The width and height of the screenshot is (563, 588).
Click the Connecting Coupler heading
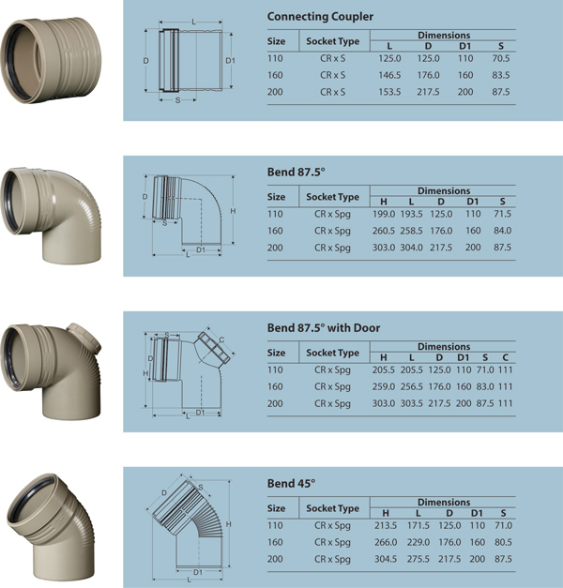(320, 17)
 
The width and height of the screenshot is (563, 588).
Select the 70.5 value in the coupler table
(501, 58)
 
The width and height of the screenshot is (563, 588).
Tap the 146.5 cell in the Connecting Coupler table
(389, 75)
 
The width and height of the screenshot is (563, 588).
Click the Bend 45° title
(291, 483)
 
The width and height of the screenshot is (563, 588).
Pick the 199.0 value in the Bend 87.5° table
(384, 214)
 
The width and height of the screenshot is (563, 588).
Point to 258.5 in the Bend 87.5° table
(411, 231)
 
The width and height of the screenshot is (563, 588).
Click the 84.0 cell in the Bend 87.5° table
(503, 231)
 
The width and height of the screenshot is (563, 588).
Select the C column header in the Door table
(505, 357)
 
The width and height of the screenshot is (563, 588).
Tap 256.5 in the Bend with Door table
(411, 386)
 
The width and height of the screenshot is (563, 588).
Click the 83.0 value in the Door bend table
(485, 386)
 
